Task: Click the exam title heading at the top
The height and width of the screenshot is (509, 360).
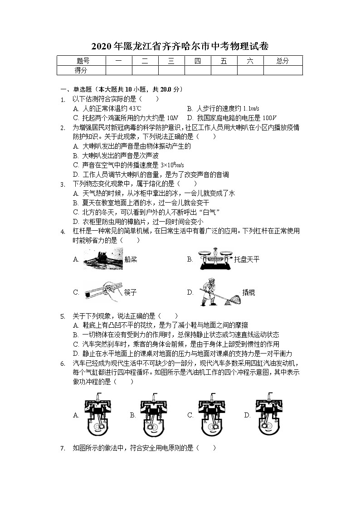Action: point(180,46)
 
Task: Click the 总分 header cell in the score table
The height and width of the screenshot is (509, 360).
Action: point(282,61)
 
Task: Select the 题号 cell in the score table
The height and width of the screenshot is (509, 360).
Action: point(81,61)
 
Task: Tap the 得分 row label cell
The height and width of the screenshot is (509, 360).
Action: point(81,70)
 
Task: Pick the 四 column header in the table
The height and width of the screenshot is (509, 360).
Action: point(197,61)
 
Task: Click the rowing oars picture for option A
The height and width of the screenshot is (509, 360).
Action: point(103,260)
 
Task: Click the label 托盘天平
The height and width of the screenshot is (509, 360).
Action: point(247,260)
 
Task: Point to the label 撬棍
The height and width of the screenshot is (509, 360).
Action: point(248,292)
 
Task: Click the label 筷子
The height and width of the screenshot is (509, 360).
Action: point(130,292)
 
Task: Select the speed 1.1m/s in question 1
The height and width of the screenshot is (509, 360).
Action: point(251,109)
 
